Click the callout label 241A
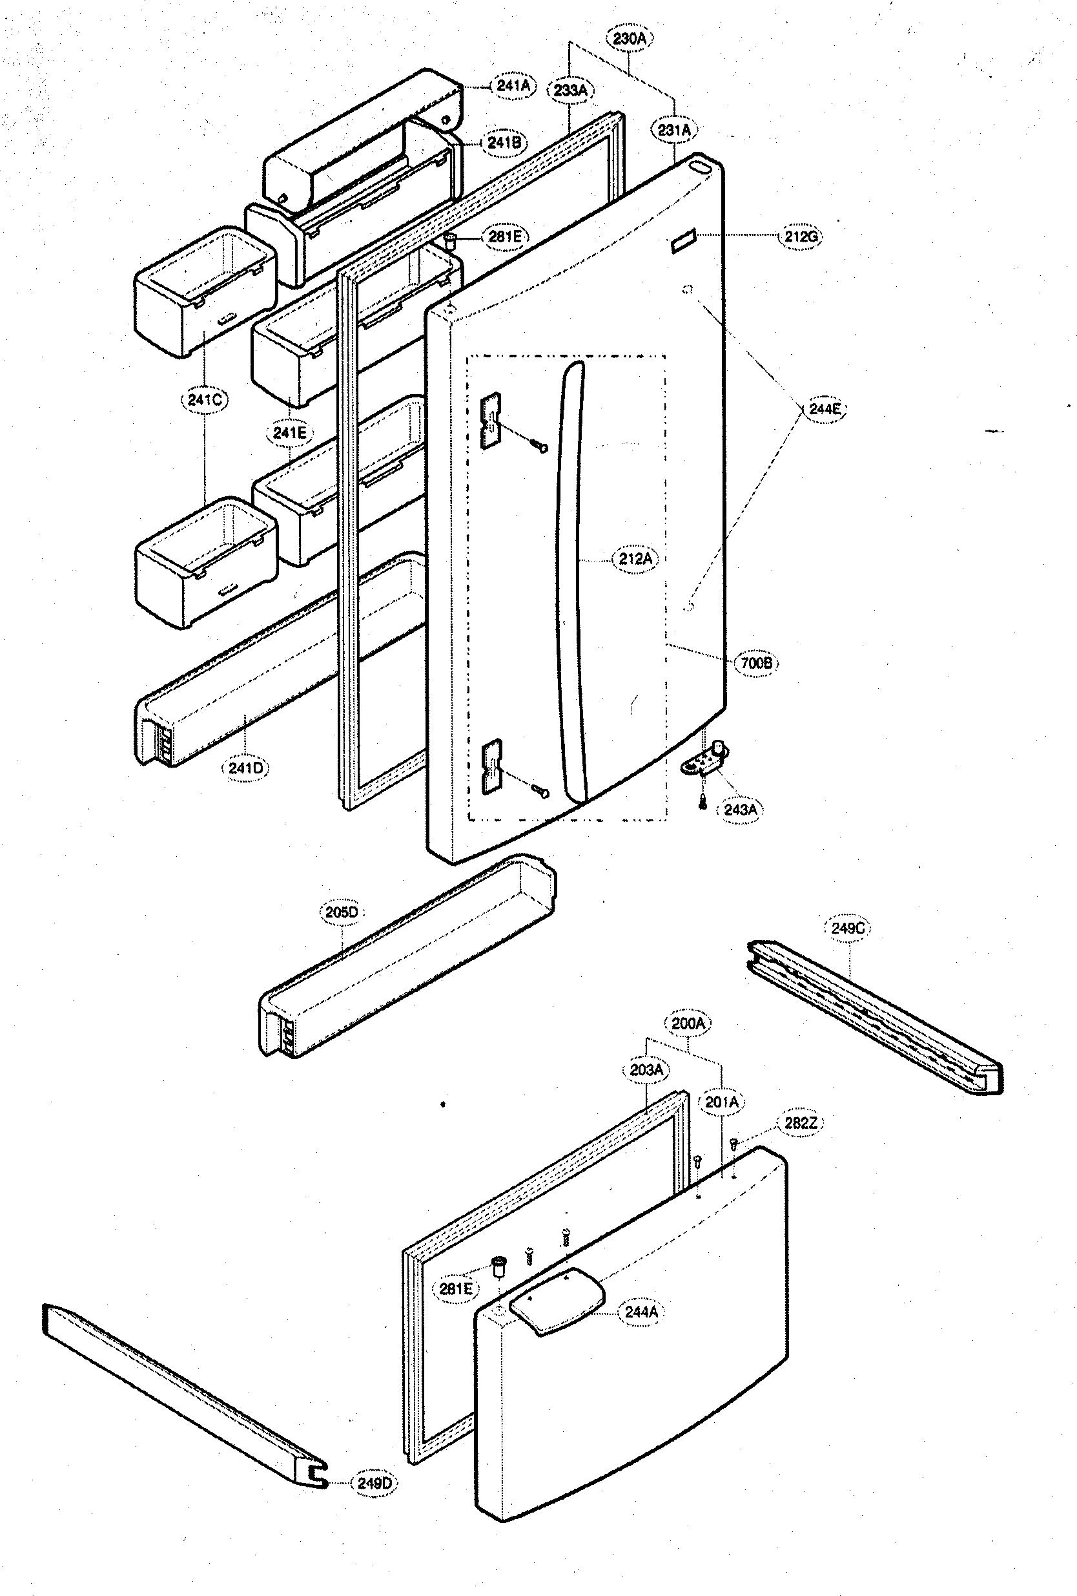coord(513,86)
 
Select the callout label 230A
coord(630,39)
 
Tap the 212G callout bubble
coord(801,236)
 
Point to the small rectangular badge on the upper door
coord(683,241)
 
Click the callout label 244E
coord(824,409)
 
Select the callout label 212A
coord(635,559)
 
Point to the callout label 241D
coord(245,768)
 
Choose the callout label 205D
coord(341,912)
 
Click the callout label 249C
coord(847,929)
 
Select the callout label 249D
coord(374,1484)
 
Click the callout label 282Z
coord(800,1124)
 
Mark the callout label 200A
coord(688,1024)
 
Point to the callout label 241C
coord(204,400)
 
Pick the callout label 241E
coord(289,433)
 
